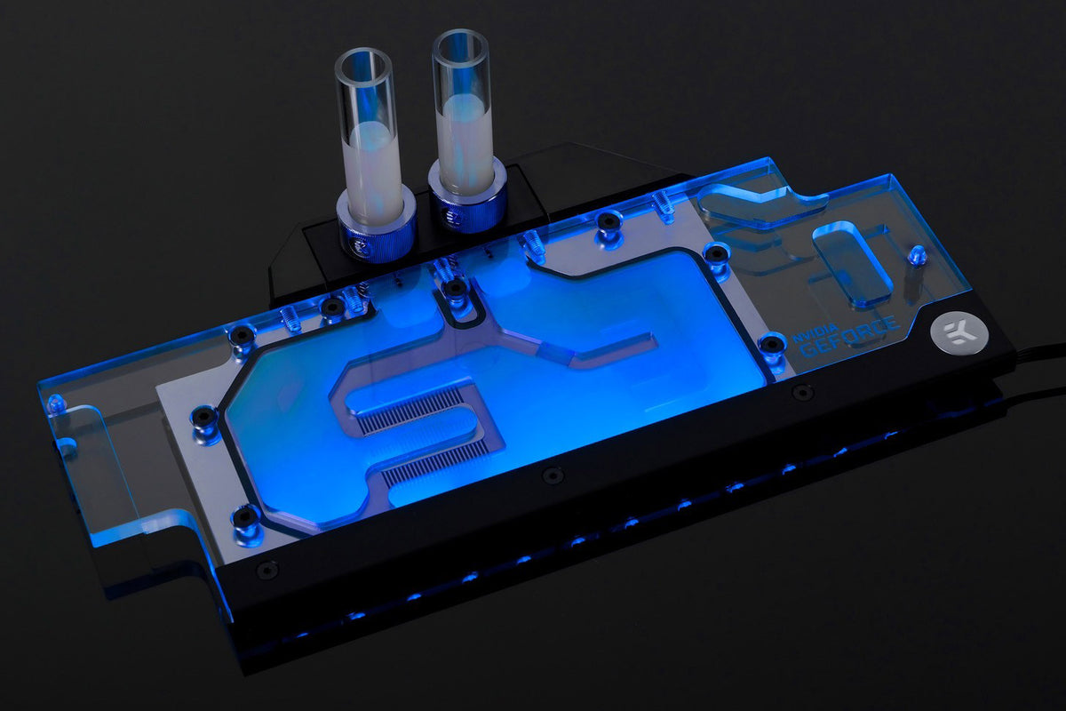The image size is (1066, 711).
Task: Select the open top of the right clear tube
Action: point(460,44)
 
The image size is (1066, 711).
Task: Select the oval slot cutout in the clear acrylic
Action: point(852,263)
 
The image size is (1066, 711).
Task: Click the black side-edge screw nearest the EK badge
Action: point(803,391)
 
